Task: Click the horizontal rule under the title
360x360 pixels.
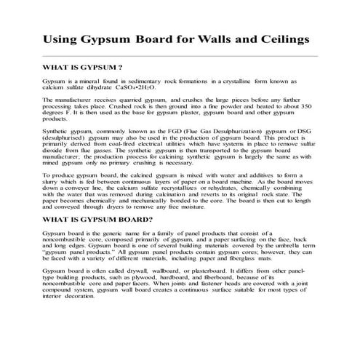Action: tap(180, 55)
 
